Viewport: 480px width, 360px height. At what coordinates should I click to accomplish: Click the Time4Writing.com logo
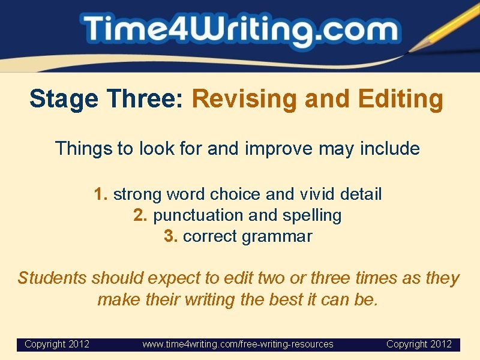point(240,30)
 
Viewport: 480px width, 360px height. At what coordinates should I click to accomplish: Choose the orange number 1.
point(101,194)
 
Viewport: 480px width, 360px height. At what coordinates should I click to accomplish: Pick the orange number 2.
point(140,215)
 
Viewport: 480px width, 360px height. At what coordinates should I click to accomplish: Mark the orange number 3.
point(171,236)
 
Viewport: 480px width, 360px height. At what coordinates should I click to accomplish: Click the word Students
point(53,278)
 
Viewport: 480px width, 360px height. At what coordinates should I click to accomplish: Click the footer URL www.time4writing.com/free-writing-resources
point(238,344)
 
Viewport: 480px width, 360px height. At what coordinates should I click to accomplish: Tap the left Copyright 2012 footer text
point(57,344)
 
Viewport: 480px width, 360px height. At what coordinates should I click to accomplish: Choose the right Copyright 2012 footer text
point(419,344)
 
